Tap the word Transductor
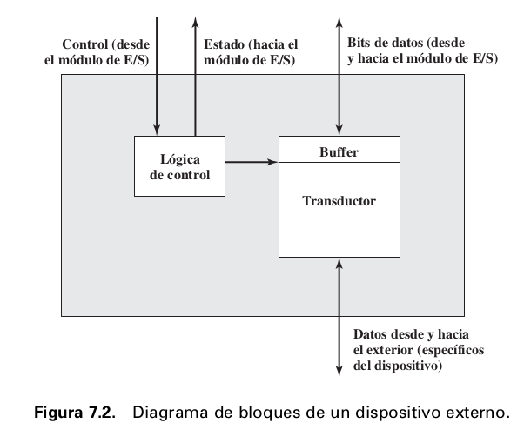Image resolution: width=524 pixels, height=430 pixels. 339,201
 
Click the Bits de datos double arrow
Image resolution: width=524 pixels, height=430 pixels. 339,78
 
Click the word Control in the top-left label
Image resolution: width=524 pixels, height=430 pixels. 84,44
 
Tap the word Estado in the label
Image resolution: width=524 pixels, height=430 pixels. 222,44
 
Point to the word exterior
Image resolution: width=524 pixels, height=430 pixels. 390,351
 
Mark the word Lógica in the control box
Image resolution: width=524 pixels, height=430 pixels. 180,158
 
